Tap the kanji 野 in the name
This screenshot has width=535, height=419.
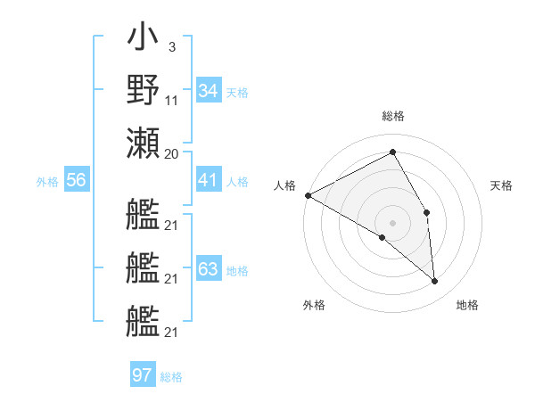(143, 90)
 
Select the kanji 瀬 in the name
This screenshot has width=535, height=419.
(143, 143)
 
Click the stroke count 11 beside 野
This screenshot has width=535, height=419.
(172, 101)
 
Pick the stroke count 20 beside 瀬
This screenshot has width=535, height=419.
(172, 153)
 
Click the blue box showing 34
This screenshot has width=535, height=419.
(208, 91)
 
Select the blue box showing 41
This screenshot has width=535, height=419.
(208, 181)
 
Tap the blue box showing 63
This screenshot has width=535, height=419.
(208, 269)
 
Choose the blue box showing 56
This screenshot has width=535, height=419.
(77, 181)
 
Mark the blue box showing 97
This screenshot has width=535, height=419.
(142, 375)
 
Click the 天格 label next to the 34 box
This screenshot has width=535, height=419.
(237, 92)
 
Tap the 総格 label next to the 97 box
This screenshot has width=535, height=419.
(171, 377)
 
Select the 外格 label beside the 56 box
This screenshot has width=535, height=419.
(47, 182)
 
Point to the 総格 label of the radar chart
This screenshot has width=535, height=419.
(392, 116)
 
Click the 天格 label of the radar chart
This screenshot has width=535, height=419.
(501, 185)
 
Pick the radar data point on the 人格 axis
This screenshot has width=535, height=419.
(308, 194)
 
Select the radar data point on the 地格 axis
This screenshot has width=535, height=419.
(434, 281)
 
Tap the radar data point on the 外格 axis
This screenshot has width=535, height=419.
(383, 237)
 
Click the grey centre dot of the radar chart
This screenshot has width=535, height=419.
(392, 222)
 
